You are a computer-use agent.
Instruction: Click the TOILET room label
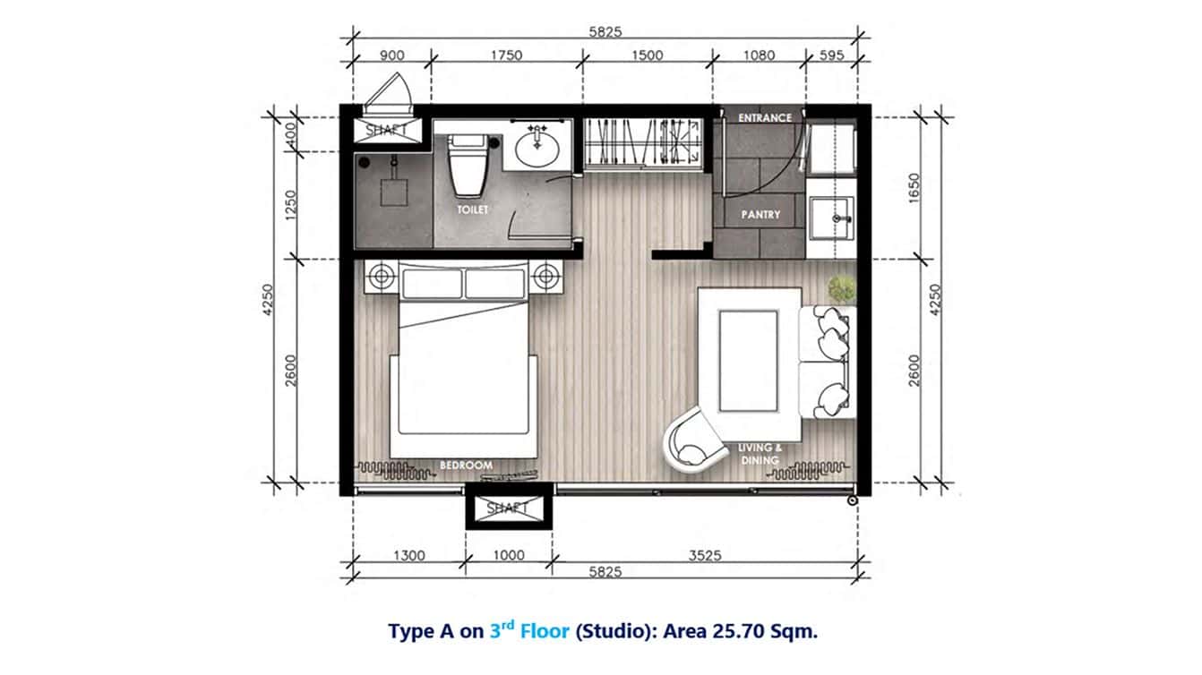click(473, 209)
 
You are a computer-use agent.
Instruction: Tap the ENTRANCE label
click(765, 117)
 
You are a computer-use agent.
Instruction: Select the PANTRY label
click(760, 215)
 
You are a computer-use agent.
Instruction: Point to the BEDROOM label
click(467, 466)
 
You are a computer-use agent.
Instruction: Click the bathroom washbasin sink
click(539, 149)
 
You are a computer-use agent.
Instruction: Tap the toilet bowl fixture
click(466, 167)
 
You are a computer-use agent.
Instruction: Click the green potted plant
click(842, 288)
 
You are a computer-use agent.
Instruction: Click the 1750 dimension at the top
click(506, 56)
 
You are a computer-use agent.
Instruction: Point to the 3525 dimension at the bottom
click(705, 555)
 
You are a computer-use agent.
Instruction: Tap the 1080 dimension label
click(759, 56)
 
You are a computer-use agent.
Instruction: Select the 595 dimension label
click(832, 56)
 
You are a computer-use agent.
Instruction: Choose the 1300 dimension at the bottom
click(408, 555)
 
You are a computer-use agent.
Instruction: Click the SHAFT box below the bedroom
click(508, 508)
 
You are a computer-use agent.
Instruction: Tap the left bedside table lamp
click(382, 277)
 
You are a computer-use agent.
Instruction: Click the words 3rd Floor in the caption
click(529, 630)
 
